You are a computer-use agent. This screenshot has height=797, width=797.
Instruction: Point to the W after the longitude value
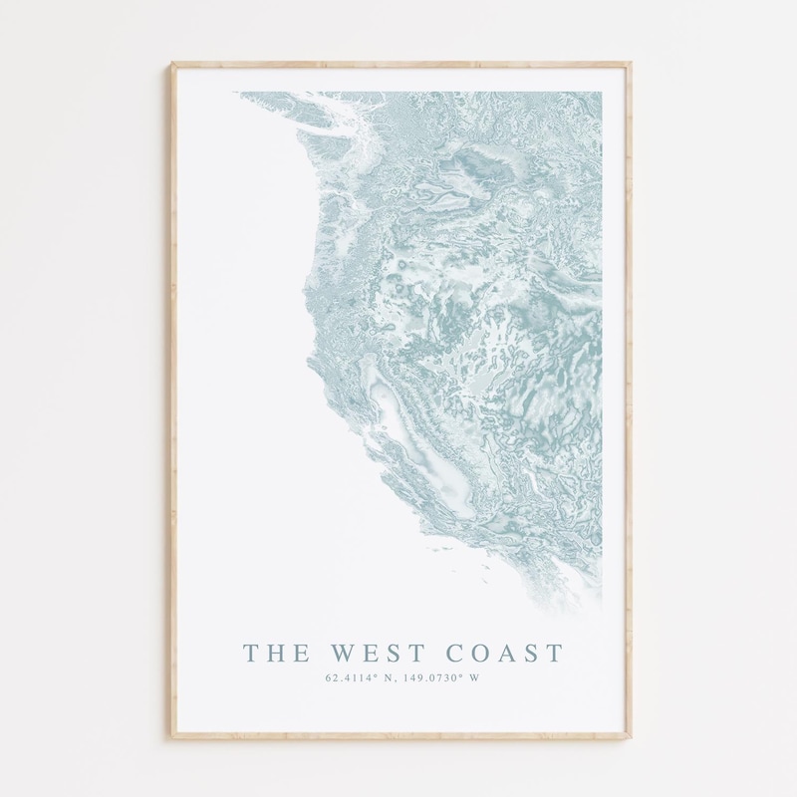473,679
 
